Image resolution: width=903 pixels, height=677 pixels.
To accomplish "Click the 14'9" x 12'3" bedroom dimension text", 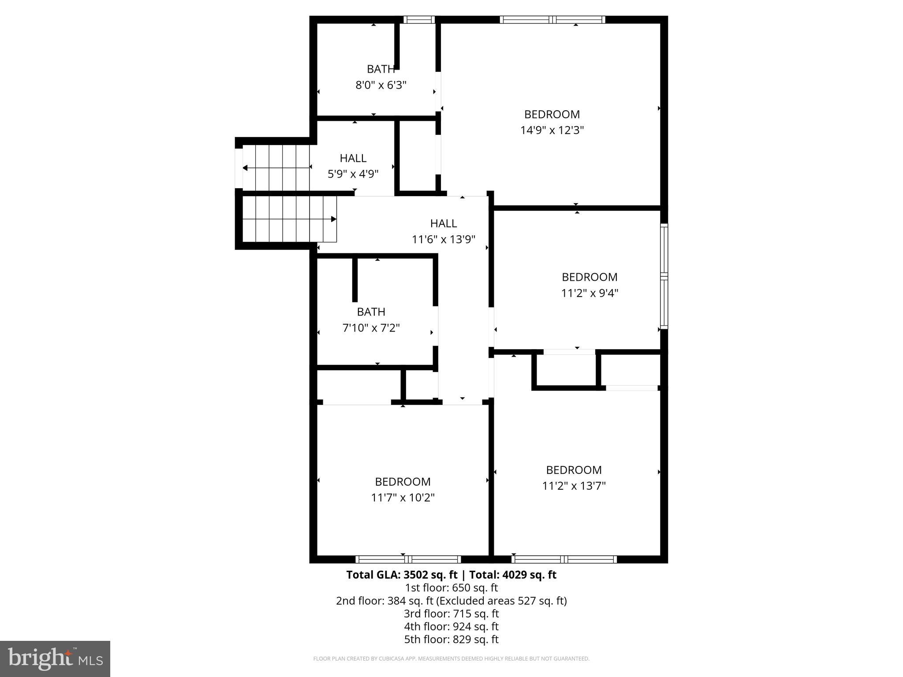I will coord(552,130).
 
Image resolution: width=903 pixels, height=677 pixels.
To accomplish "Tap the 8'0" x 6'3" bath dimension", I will coord(381,85).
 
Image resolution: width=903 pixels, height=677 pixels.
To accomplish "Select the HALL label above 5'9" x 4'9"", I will coord(353,158).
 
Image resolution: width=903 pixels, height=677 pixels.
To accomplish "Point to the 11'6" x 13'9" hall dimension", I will coord(443,240).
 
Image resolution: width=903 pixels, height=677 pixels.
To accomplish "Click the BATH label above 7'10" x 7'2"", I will coord(371,312).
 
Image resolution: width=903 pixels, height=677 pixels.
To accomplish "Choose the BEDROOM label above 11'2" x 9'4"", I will coord(590,277).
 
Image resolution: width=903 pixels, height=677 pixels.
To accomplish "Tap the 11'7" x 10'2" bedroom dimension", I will coord(403,498).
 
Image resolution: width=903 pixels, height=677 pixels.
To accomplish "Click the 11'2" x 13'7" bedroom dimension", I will coord(574,486).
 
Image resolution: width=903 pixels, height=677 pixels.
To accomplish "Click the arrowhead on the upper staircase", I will coord(245,168).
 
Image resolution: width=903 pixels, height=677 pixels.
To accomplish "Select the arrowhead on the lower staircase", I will coord(334,219).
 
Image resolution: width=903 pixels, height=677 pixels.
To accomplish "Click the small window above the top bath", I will coord(419,19).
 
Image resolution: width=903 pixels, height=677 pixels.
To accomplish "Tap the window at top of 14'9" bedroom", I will coord(552,19).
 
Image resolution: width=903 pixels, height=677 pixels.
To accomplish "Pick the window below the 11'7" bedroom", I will coord(408,559).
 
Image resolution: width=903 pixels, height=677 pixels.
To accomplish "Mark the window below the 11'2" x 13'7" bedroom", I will coord(564,559).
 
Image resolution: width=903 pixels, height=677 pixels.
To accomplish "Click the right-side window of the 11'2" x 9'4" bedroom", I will coord(664,276).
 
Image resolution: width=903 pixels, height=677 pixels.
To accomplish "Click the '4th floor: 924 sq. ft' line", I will coord(451,626).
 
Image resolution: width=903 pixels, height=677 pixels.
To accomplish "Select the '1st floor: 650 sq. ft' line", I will coord(451,588).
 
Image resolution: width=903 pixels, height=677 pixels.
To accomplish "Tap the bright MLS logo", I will coord(55,658).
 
